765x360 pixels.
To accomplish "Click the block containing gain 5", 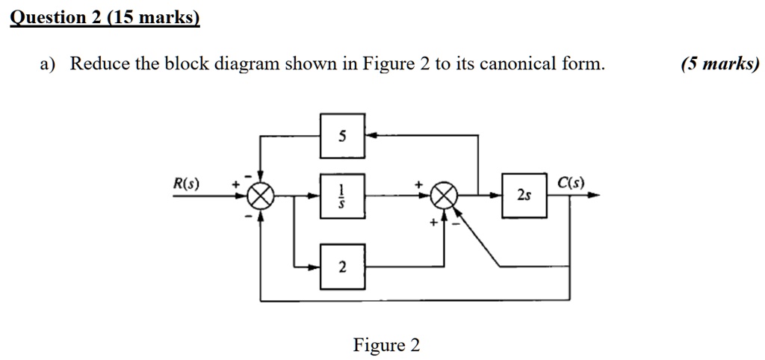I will (343, 136).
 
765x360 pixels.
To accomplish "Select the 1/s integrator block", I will (343, 196).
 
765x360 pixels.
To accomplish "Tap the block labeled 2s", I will (524, 196).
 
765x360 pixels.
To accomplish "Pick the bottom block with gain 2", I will (343, 267).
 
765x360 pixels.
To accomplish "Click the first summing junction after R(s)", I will (260, 196).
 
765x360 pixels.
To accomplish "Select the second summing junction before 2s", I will (445, 196).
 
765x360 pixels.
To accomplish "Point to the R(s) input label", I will (186, 184).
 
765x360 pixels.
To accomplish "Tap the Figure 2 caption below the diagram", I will (386, 345).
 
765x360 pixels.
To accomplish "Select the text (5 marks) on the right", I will (719, 64).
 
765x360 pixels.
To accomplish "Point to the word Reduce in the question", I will (100, 64).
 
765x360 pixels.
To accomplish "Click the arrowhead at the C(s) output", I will (593, 196).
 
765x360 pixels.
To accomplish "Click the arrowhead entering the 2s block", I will (497, 196).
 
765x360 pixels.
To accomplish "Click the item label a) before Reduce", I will (48, 64).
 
